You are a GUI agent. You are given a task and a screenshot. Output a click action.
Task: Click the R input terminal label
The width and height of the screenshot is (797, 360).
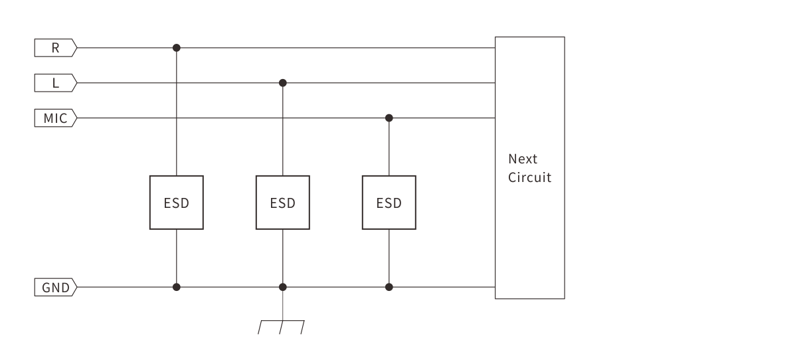pyautogui.click(x=56, y=48)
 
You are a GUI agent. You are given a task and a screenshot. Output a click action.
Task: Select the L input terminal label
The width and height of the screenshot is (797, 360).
pyautogui.click(x=56, y=83)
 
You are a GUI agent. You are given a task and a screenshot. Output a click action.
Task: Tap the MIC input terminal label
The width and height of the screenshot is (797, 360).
pyautogui.click(x=56, y=118)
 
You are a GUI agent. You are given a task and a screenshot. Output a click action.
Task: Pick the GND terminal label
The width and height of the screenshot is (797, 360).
pyautogui.click(x=56, y=288)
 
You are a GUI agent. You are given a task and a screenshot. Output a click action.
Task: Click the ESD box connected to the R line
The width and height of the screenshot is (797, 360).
pyautogui.click(x=176, y=203)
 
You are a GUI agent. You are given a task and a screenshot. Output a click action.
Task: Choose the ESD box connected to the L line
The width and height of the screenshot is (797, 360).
pyautogui.click(x=282, y=203)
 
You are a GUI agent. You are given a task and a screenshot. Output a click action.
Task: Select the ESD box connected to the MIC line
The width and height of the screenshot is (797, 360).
pyautogui.click(x=389, y=203)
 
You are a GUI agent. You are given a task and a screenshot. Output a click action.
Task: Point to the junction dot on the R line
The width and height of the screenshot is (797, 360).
pyautogui.click(x=176, y=48)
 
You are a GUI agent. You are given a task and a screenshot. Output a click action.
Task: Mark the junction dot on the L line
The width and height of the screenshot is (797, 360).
pyautogui.click(x=283, y=83)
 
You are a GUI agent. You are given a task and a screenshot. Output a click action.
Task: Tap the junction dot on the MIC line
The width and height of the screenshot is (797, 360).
pyautogui.click(x=389, y=118)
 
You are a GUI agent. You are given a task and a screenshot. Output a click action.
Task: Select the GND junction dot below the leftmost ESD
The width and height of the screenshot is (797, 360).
pyautogui.click(x=176, y=287)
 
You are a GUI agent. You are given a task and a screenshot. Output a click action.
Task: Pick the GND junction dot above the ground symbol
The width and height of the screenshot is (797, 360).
pyautogui.click(x=283, y=287)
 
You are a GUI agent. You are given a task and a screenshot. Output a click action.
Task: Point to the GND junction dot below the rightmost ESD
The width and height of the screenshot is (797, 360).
pyautogui.click(x=389, y=287)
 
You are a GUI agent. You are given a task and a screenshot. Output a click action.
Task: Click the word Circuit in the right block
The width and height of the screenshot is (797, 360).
pyautogui.click(x=529, y=178)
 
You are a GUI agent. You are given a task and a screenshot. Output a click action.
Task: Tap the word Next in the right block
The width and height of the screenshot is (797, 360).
pyautogui.click(x=523, y=159)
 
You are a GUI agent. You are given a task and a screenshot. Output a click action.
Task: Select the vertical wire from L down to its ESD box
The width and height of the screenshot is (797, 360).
pyautogui.click(x=283, y=130)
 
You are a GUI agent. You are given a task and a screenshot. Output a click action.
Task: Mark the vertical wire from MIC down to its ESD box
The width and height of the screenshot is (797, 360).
pyautogui.click(x=389, y=147)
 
